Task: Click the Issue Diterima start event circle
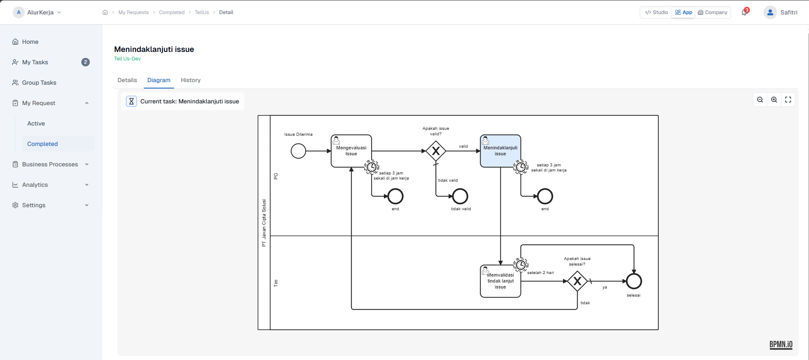click(298, 151)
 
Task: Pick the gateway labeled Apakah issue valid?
click(436, 151)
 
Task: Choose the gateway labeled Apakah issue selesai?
click(577, 281)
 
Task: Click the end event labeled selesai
click(634, 281)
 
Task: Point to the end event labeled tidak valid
click(460, 196)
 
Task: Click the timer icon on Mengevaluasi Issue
click(372, 167)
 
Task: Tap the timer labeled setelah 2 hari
click(520, 265)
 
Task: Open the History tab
click(190, 80)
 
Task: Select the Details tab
click(127, 80)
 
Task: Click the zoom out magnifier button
click(760, 100)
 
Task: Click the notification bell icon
click(744, 12)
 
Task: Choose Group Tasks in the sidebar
click(39, 83)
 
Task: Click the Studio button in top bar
click(657, 12)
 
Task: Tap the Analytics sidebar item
click(35, 185)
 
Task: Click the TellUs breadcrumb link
click(202, 12)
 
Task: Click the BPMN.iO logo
click(780, 345)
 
